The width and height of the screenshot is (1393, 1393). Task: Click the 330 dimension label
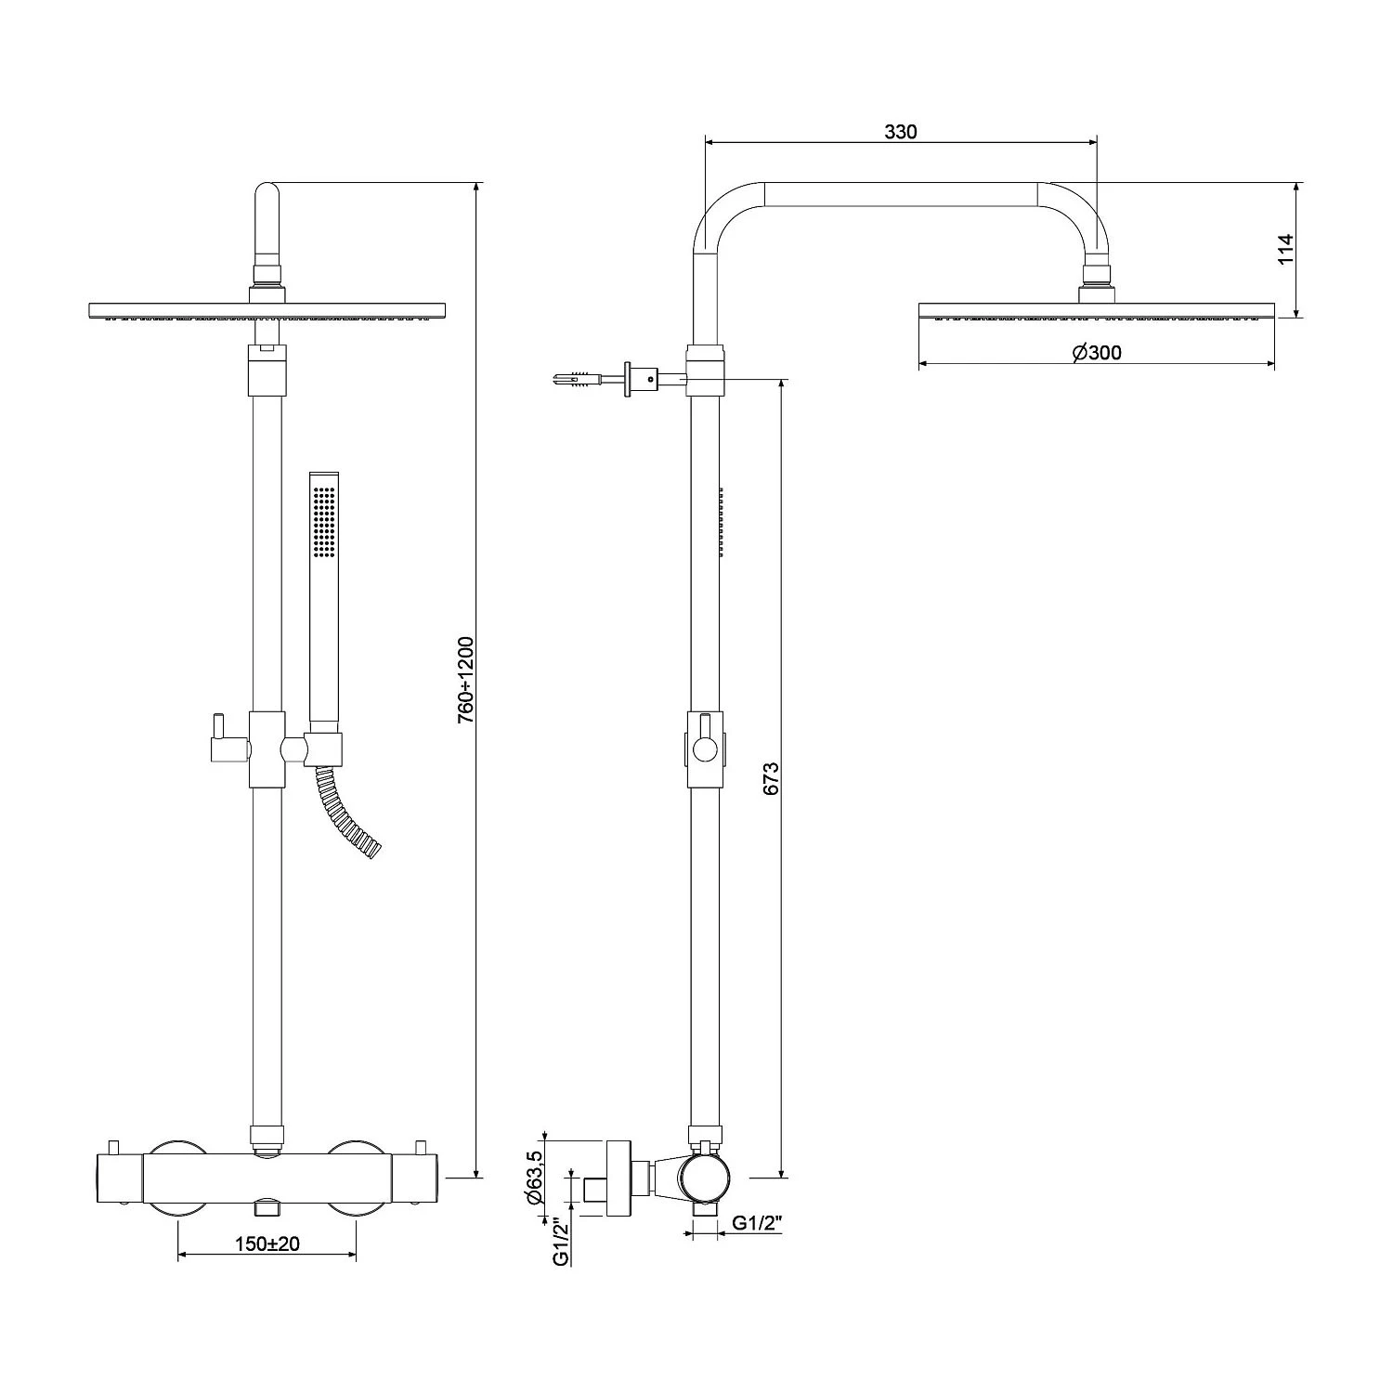(900, 132)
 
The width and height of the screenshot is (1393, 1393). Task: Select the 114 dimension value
(1285, 250)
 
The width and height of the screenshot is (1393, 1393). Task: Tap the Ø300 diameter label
(1096, 353)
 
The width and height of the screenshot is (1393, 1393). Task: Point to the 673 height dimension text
(771, 778)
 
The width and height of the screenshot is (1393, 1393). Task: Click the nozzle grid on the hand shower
(324, 523)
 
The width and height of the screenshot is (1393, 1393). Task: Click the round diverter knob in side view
(705, 749)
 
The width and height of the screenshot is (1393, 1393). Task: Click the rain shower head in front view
(267, 310)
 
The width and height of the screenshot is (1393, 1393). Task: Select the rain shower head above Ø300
(1096, 310)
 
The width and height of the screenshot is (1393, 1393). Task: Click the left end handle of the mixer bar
(119, 1178)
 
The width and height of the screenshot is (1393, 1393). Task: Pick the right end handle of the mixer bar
(415, 1178)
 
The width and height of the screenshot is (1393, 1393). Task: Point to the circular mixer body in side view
(706, 1180)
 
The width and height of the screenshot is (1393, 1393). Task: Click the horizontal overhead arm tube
(900, 194)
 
